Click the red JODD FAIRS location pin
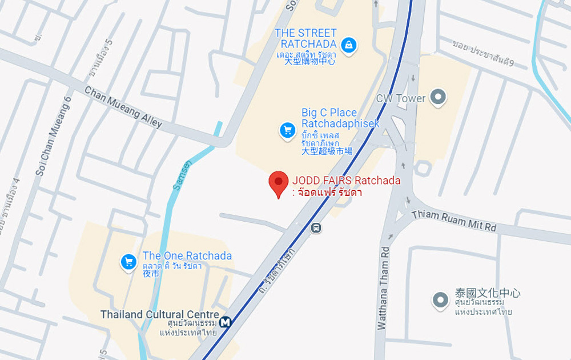pyautogui.click(x=278, y=182)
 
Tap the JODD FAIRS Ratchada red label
pyautogui.click(x=346, y=181)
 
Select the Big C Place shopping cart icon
pyautogui.click(x=287, y=130)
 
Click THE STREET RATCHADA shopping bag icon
pyautogui.click(x=348, y=44)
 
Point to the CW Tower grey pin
pyautogui.click(x=438, y=97)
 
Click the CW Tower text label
pyautogui.click(x=400, y=98)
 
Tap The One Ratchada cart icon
pyautogui.click(x=128, y=262)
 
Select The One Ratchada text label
pyautogui.click(x=187, y=256)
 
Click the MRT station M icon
pyautogui.click(x=226, y=322)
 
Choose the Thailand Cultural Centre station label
pyautogui.click(x=160, y=315)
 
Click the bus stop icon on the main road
pyautogui.click(x=316, y=228)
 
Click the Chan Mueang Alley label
pyautogui.click(x=123, y=107)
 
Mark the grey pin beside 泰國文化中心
pyautogui.click(x=440, y=299)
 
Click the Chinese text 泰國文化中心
pyautogui.click(x=488, y=293)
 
